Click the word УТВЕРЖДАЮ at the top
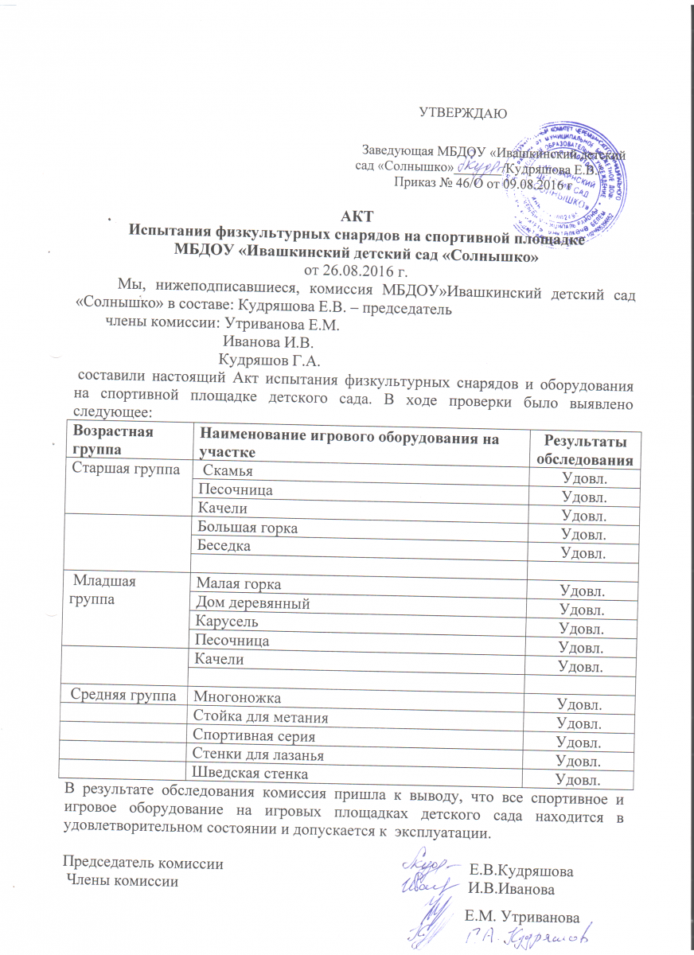pyautogui.click(x=463, y=110)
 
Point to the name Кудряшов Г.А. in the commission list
pyautogui.click(x=251, y=360)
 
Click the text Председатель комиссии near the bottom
pyautogui.click(x=142, y=863)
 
